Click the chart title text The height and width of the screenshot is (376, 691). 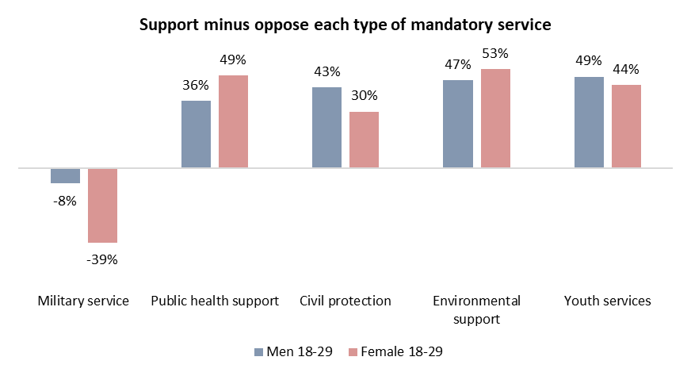[x=345, y=25]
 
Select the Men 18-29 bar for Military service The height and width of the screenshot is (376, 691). [x=65, y=175]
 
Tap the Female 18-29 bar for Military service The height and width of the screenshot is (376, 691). [x=103, y=205]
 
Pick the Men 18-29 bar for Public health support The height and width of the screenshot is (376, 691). [x=196, y=134]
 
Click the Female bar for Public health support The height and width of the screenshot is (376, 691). [x=234, y=121]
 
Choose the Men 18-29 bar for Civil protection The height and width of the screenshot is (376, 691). [x=327, y=128]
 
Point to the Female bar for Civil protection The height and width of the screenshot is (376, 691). [x=364, y=140]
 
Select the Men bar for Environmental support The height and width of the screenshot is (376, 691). [x=458, y=124]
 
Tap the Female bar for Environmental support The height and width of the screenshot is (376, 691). [x=496, y=118]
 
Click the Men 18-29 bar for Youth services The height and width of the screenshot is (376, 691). [x=590, y=122]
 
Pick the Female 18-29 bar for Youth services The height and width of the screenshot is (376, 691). [x=626, y=126]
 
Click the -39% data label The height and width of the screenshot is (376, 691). [x=102, y=260]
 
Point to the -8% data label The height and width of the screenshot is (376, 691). [x=65, y=201]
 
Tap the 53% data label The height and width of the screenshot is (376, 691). [x=495, y=54]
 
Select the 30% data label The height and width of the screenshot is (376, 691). [x=365, y=96]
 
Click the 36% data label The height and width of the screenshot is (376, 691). [x=196, y=85]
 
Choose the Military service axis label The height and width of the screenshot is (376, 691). [x=83, y=301]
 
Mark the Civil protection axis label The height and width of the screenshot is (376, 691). [x=345, y=301]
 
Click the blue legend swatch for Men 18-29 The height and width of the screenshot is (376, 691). [x=258, y=352]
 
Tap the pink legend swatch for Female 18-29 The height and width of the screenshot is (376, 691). [x=353, y=352]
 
